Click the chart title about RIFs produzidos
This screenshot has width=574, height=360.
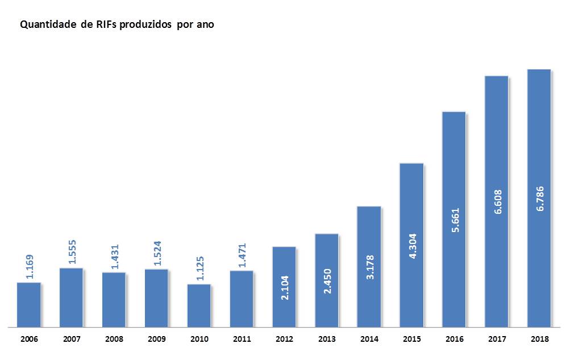117,25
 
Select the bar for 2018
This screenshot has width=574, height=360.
539,198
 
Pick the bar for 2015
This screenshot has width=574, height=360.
411,245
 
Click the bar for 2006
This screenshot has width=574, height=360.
28,305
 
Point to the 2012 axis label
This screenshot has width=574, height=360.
284,339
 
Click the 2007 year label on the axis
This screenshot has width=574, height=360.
72,339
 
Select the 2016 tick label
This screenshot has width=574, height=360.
455,339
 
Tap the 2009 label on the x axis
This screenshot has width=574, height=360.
156,339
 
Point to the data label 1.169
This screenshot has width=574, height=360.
28,265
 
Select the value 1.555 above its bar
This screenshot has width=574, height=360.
72,251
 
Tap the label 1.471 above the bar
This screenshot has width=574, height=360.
242,254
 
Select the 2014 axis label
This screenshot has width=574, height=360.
369,339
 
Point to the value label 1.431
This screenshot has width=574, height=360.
114,255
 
